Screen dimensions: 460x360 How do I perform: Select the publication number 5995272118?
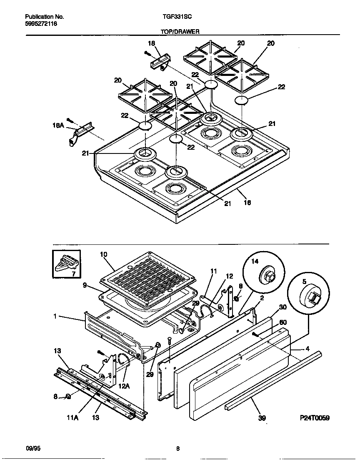41,24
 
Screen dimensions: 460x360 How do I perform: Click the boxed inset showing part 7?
66,264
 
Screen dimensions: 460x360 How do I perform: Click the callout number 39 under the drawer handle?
262,417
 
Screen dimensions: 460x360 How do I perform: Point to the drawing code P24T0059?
314,418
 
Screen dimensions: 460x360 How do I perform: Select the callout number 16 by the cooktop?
247,203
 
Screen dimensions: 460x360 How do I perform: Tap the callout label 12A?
124,386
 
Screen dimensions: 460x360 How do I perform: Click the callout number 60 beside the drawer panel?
282,322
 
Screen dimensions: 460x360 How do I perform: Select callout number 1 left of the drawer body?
55,317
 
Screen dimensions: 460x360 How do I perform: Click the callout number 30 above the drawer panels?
282,307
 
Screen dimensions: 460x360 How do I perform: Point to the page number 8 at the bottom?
178,449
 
